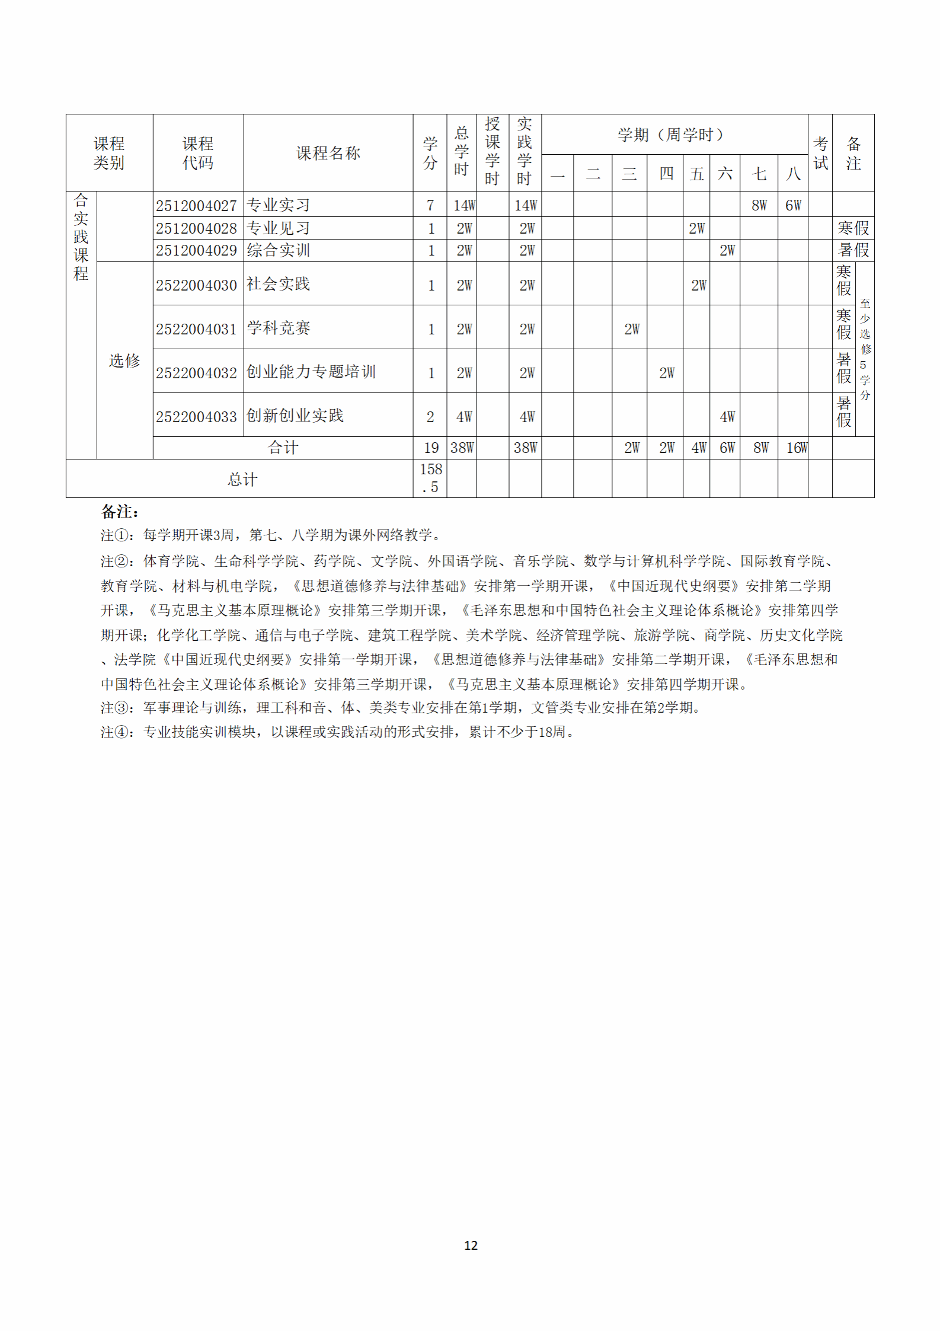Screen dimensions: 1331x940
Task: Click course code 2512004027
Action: pyautogui.click(x=196, y=206)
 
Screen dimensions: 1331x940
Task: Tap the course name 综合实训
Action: pyautogui.click(x=278, y=250)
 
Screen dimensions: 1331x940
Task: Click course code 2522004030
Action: pyautogui.click(x=196, y=285)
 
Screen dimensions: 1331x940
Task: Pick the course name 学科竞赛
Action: pyautogui.click(x=278, y=328)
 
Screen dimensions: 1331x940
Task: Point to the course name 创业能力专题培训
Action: pyautogui.click(x=311, y=372)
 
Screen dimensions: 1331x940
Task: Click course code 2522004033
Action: pyautogui.click(x=196, y=417)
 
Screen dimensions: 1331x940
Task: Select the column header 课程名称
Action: pyautogui.click(x=328, y=153)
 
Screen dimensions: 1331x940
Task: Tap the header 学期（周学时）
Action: pyautogui.click(x=671, y=135)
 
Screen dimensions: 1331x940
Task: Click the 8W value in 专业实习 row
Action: pyautogui.click(x=759, y=206)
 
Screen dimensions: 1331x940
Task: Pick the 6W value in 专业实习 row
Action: pyautogui.click(x=793, y=206)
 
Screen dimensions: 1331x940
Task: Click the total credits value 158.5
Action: pyautogui.click(x=431, y=478)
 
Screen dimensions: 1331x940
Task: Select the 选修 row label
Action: pyautogui.click(x=124, y=360)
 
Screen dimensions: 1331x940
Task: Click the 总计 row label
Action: pyautogui.click(x=242, y=479)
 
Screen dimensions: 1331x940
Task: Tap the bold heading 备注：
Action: pyautogui.click(x=120, y=511)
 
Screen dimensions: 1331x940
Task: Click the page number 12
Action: pyautogui.click(x=471, y=1245)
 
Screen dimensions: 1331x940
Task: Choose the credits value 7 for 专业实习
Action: pyautogui.click(x=430, y=206)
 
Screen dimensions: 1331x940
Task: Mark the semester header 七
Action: pyautogui.click(x=759, y=174)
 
